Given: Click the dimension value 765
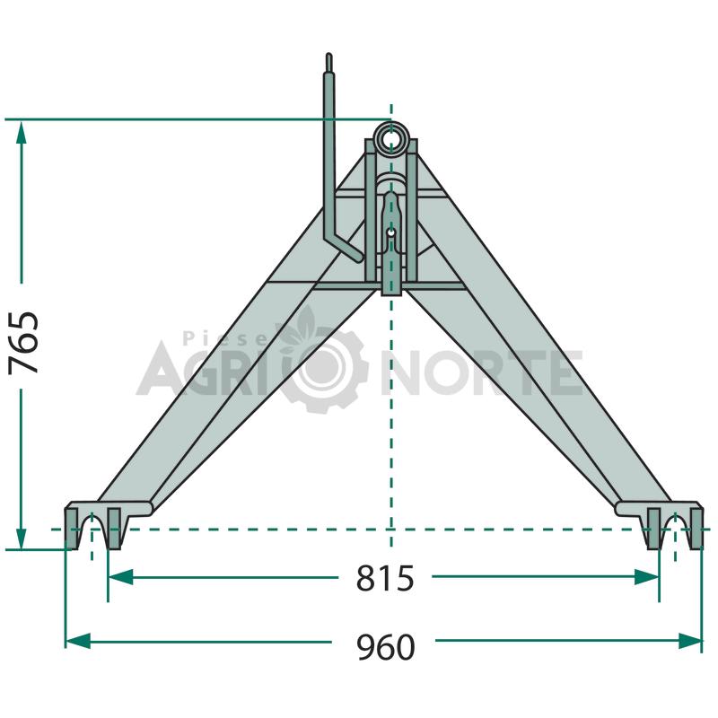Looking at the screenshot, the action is [23, 343].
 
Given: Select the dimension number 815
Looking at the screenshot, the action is [385, 578].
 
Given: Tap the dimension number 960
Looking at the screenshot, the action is [386, 647].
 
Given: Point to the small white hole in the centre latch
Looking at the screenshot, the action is [390, 232].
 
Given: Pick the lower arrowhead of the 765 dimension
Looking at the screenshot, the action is [22, 537].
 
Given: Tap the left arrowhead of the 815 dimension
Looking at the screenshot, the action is [121, 577].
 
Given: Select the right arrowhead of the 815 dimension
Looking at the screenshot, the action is [646, 577].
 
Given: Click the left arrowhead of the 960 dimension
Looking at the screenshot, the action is [78, 641].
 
